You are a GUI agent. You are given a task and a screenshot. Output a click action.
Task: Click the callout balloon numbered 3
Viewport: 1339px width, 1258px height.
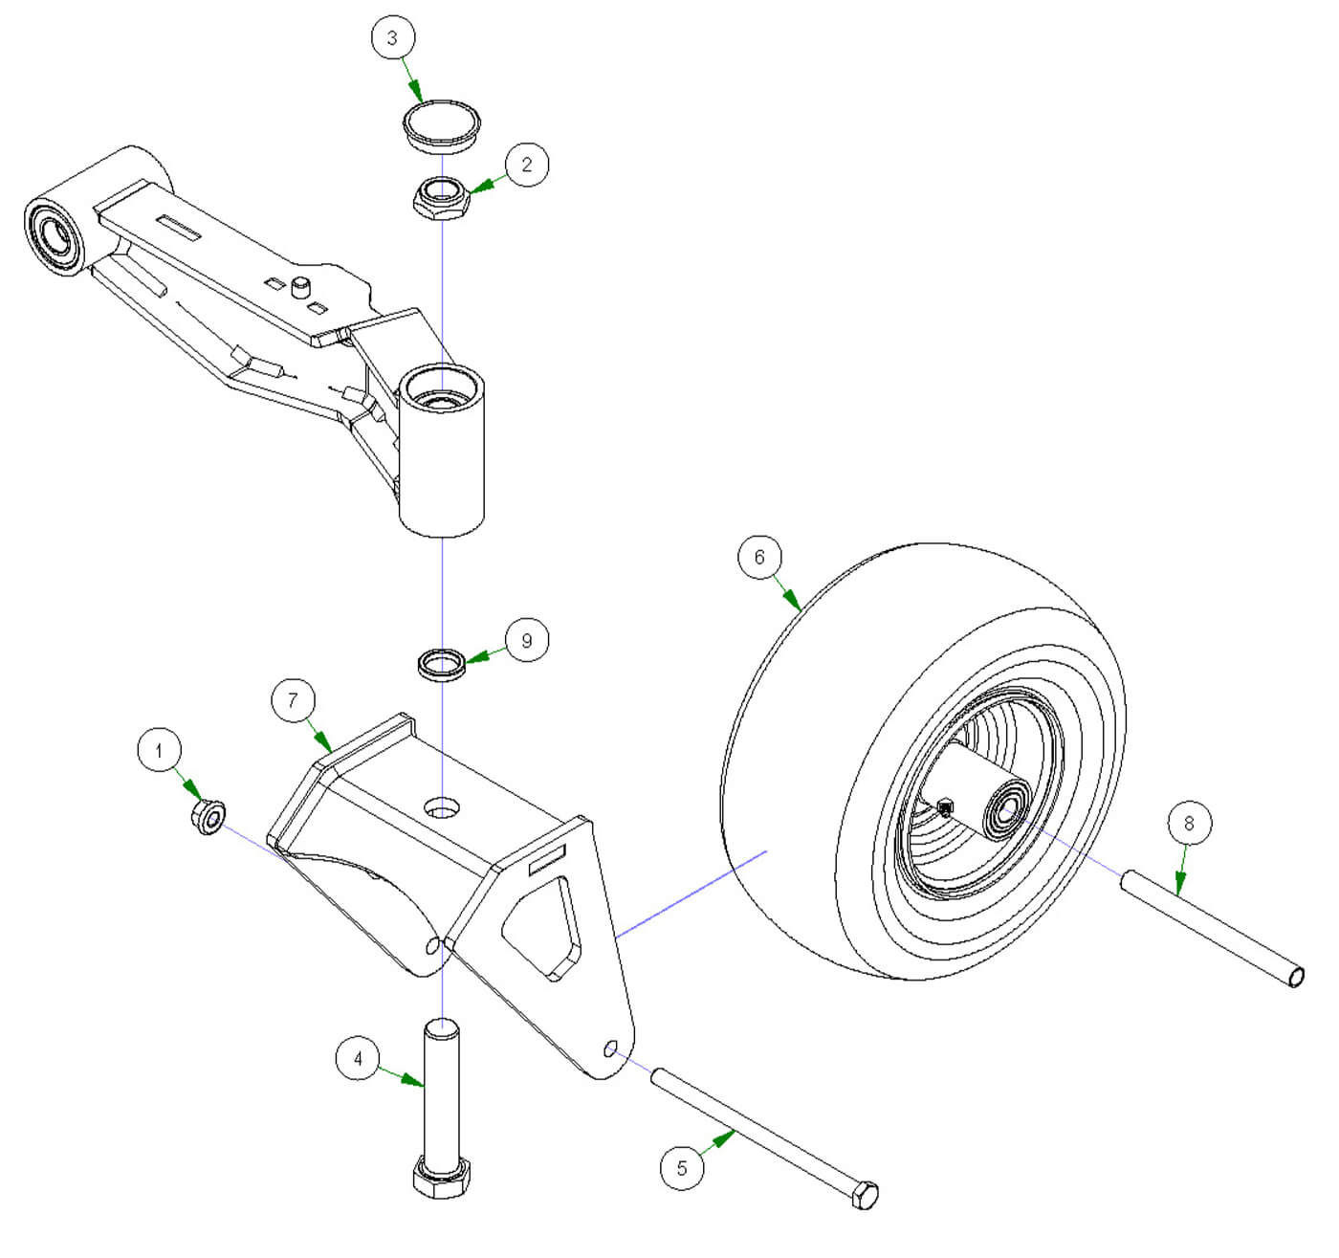[391, 38]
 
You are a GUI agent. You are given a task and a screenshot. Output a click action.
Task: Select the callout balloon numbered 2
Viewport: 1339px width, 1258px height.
[526, 164]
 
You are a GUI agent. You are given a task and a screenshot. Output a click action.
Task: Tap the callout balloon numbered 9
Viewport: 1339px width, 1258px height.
[526, 640]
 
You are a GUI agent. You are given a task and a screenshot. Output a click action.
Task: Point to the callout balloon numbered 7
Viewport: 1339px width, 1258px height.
[293, 700]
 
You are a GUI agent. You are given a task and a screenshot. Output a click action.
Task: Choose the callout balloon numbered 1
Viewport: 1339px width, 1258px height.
[159, 750]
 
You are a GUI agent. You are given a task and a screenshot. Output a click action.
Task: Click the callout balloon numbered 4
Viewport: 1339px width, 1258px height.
[359, 1058]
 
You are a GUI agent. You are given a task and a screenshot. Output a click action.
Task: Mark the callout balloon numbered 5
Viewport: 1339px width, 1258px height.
[682, 1167]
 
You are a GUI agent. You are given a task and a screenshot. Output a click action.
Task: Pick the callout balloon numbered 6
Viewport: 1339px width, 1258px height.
[759, 557]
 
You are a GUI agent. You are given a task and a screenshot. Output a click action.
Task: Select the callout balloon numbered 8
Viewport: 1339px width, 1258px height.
[1189, 823]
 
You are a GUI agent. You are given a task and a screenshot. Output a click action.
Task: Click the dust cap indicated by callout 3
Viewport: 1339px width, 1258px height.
[440, 124]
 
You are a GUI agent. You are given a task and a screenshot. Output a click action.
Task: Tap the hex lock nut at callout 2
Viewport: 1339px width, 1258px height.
[440, 198]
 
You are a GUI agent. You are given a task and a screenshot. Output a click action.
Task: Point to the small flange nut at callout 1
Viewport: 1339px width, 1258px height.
[209, 818]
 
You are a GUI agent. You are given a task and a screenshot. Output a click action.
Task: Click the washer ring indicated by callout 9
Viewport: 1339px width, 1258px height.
[443, 663]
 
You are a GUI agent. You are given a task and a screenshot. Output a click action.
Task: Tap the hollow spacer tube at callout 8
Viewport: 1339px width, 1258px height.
[1211, 924]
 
